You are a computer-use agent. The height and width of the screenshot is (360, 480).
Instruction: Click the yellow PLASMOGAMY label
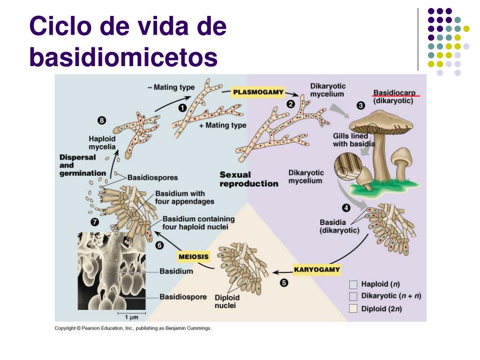[x=258, y=92]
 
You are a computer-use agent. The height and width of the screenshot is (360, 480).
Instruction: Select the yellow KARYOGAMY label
[x=317, y=270]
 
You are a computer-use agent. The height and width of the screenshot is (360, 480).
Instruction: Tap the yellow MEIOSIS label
[x=194, y=256]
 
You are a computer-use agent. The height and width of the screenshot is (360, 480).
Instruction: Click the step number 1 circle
[x=182, y=108]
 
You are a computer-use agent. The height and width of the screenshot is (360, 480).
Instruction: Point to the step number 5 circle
[x=284, y=283]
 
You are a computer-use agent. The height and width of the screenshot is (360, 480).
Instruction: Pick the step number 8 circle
[x=102, y=120]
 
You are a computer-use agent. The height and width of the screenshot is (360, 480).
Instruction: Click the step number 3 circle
[x=360, y=105]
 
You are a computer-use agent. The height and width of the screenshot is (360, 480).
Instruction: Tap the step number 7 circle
[x=95, y=222]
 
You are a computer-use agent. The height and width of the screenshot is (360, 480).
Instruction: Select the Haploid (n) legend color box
[x=353, y=285]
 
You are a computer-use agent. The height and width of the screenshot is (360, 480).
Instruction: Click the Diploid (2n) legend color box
[x=353, y=308]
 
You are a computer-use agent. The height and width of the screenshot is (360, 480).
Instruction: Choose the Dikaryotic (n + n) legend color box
[x=353, y=296]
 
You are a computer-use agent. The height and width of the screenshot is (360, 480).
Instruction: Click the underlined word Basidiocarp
[x=394, y=93]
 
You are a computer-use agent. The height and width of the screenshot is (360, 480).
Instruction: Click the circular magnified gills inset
[x=348, y=166]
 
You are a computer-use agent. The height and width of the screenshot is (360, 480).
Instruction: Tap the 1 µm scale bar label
[x=131, y=317]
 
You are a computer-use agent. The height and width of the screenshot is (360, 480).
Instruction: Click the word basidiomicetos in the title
[x=123, y=57]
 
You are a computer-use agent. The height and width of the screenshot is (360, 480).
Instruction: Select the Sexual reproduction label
[x=249, y=179]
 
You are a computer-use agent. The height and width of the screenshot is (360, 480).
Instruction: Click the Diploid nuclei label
[x=227, y=301]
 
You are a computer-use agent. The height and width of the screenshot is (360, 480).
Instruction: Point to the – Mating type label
[x=171, y=88]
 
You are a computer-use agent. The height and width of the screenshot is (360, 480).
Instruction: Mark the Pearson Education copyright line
[x=133, y=328]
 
